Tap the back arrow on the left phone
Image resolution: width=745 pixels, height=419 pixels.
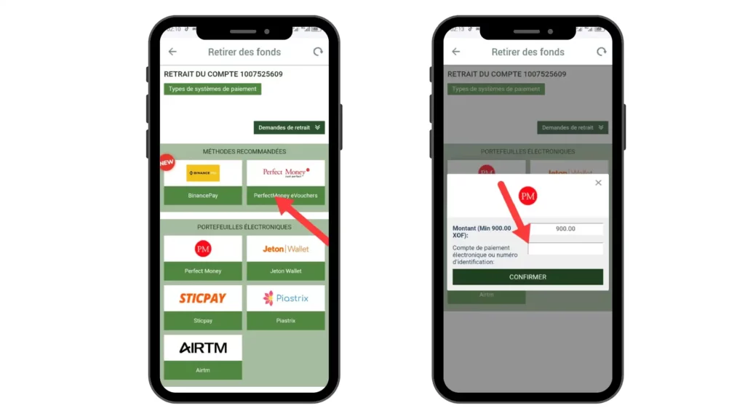(x=172, y=52)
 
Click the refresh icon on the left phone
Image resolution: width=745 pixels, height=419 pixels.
(x=318, y=52)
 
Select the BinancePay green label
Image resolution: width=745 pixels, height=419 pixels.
(x=203, y=196)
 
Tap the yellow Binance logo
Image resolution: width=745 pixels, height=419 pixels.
(x=203, y=173)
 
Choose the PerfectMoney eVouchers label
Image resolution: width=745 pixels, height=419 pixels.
(x=285, y=196)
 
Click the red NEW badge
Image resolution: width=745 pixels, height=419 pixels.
(x=167, y=162)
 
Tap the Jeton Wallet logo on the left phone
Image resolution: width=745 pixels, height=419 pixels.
(x=285, y=249)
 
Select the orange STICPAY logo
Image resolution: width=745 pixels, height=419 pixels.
(x=203, y=298)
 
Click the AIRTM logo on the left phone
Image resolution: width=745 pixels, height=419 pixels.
(x=203, y=348)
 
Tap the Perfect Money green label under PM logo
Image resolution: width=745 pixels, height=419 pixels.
(x=203, y=271)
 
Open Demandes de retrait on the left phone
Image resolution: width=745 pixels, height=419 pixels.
(x=289, y=127)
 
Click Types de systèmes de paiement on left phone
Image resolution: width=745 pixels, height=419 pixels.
(x=212, y=89)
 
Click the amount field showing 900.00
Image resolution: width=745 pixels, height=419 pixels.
(x=565, y=228)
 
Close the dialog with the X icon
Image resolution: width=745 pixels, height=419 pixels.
(x=598, y=183)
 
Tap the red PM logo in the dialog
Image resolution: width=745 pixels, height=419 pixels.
(x=527, y=196)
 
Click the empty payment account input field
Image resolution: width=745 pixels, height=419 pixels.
(x=565, y=249)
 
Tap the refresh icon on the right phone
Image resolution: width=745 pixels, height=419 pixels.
(x=602, y=52)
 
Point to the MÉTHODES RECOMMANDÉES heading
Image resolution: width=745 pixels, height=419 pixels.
(x=244, y=151)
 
